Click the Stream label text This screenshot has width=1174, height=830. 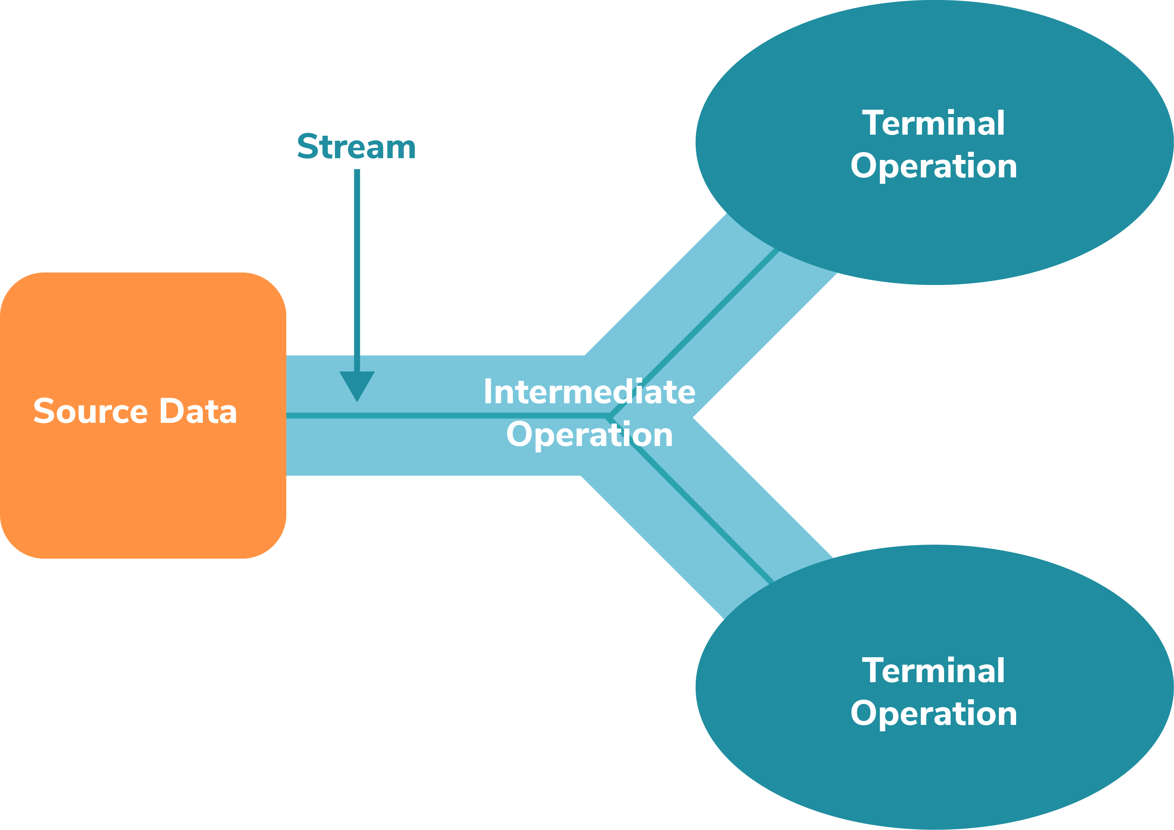coord(356,147)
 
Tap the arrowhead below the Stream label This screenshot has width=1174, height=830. coord(357,384)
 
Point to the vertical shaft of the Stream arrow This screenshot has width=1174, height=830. coord(357,266)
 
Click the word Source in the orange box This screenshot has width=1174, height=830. coord(91,411)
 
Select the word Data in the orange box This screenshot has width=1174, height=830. coord(199,411)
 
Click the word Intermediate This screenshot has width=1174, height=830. coord(589,392)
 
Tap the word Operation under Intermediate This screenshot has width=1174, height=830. coord(589,435)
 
